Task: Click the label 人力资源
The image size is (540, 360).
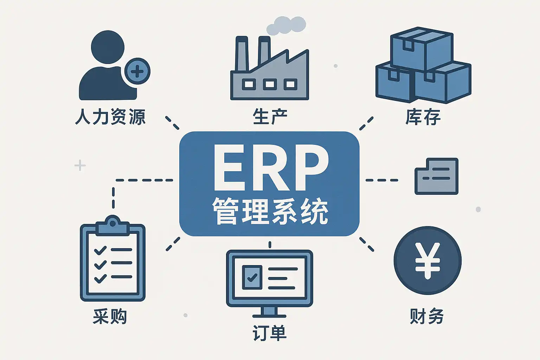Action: [110, 117]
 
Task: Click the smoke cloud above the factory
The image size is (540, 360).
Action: [286, 26]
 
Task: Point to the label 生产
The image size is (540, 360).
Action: [270, 117]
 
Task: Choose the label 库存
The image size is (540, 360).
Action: [423, 117]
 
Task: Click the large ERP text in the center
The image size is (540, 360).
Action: [270, 168]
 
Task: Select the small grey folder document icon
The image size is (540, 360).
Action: [437, 176]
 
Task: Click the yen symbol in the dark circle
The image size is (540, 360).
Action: [427, 261]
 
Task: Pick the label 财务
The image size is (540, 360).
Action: [427, 316]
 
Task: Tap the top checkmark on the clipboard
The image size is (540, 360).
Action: [100, 250]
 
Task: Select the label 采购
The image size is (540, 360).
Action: [110, 316]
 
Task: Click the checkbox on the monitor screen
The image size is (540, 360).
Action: [252, 277]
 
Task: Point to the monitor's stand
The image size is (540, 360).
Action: [270, 312]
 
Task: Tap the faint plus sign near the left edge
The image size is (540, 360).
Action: [80, 165]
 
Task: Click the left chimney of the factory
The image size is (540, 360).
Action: [242, 53]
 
